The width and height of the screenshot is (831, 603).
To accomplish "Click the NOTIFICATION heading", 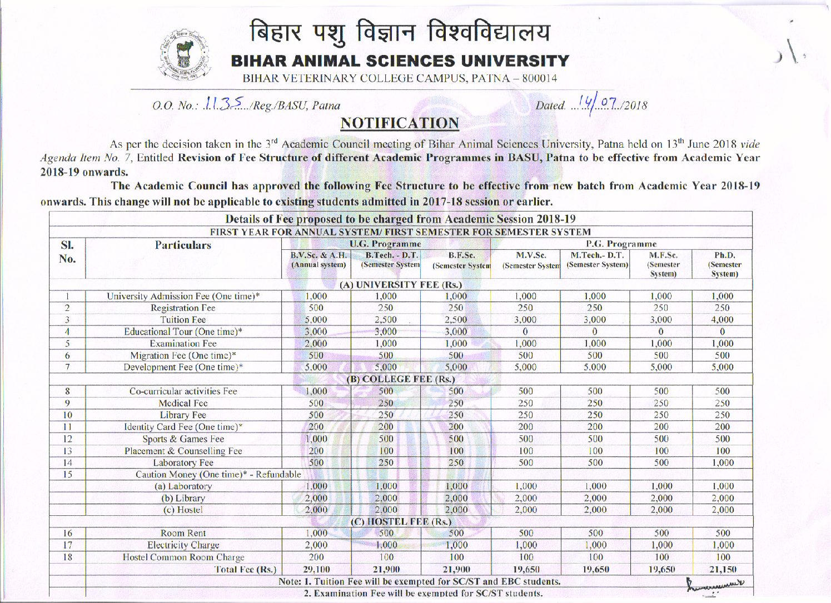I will coord(400,123).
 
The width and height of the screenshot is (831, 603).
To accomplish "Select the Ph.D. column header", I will coord(724,264).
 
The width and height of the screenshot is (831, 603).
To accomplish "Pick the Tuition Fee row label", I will coord(183,320).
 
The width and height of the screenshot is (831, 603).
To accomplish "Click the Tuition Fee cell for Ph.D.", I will coord(722,320).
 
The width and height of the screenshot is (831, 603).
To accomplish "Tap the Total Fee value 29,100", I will coord(316,569).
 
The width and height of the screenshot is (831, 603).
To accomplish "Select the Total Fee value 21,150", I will coord(723,569).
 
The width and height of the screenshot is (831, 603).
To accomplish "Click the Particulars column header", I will coord(183,245).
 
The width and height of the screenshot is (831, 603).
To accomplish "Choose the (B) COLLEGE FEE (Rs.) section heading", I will coord(400,379).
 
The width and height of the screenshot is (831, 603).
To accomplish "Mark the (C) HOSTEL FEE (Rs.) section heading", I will coord(400,521).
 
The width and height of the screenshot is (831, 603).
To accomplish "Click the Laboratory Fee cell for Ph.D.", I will coord(723,463).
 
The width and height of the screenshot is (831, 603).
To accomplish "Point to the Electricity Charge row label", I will coord(183,545).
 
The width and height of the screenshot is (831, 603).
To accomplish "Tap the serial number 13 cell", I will coord(67,451).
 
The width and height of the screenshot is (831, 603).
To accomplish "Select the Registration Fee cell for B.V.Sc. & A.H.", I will coord(316,308).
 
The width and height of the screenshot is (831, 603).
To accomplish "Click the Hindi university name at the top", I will coord(400,33).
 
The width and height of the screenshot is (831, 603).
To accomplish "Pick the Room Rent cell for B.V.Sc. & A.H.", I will coord(316,533).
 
